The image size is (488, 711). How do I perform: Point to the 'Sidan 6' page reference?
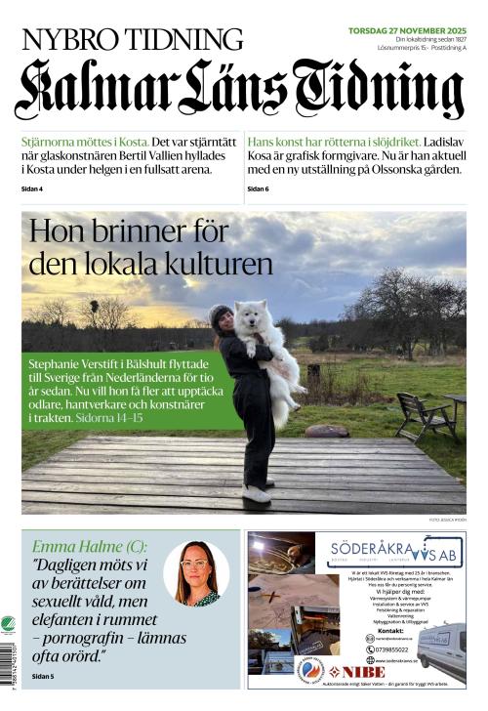click(259, 188)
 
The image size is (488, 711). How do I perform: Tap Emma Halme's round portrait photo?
click(196, 573)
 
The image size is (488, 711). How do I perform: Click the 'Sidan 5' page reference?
click(45, 676)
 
